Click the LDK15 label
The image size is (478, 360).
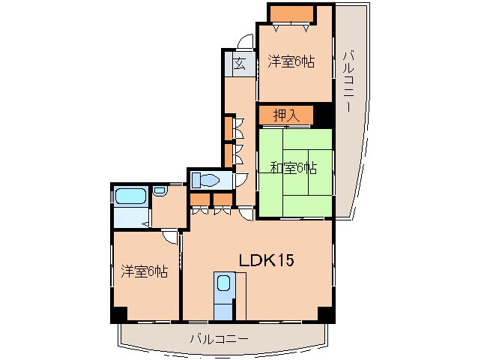(x=266, y=260)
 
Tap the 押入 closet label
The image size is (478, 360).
(x=286, y=115)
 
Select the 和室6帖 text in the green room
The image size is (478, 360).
(x=294, y=168)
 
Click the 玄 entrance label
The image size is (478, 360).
(x=240, y=64)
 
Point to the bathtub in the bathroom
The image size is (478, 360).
(x=130, y=196)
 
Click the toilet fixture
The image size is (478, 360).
(x=205, y=180)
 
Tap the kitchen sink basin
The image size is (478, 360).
(x=224, y=283)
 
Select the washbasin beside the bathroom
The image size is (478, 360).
(x=160, y=191)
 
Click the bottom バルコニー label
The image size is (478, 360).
(x=220, y=339)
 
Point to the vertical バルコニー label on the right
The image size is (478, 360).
(x=348, y=82)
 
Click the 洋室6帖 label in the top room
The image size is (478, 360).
(x=291, y=61)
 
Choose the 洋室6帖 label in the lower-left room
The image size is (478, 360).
(x=144, y=271)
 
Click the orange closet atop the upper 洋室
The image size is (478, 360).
(x=292, y=14)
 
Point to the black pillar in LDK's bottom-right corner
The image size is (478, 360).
(x=325, y=313)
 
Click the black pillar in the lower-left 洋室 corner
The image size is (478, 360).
(x=120, y=314)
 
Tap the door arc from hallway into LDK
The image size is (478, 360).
(x=247, y=214)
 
